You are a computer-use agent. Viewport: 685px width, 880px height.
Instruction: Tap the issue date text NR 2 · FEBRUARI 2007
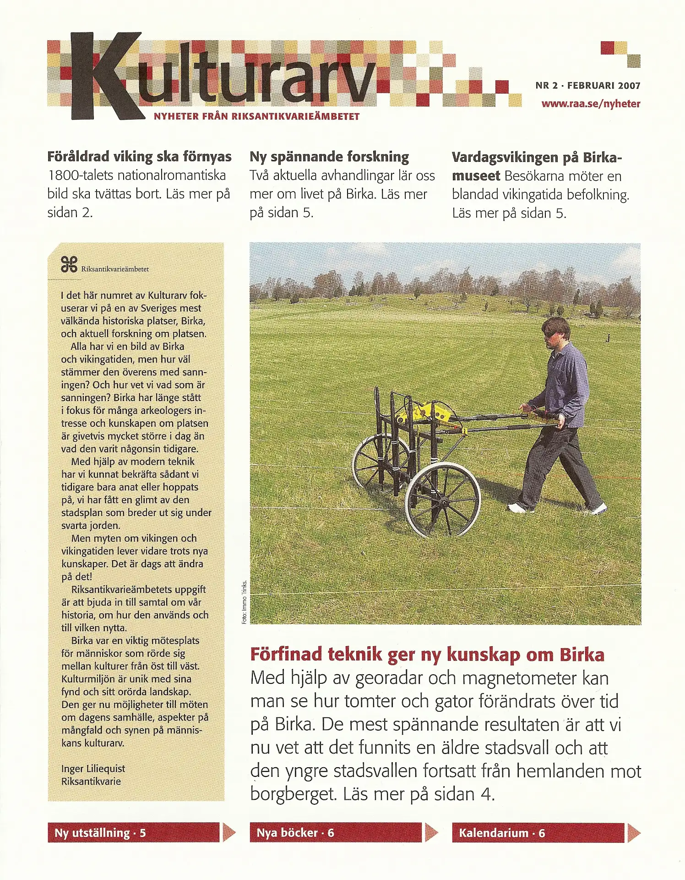pyautogui.click(x=587, y=85)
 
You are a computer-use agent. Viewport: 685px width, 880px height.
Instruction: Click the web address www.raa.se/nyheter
pyautogui.click(x=590, y=104)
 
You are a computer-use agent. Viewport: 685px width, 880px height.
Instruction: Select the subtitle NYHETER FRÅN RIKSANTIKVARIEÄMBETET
pyautogui.click(x=256, y=116)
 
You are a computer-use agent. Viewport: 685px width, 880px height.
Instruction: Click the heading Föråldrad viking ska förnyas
pyautogui.click(x=139, y=157)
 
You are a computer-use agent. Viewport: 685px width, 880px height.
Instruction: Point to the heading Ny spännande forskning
pyautogui.click(x=329, y=157)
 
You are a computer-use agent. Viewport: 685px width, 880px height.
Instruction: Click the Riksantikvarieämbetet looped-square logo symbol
pyautogui.click(x=69, y=264)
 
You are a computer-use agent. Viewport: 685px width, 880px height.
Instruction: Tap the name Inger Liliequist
pyautogui.click(x=93, y=769)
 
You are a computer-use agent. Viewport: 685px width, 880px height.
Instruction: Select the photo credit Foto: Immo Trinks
pyautogui.click(x=245, y=601)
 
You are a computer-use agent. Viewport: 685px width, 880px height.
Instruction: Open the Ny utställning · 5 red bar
pyautogui.click(x=134, y=832)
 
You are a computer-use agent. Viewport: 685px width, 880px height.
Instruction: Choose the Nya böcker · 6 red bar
pyautogui.click(x=336, y=832)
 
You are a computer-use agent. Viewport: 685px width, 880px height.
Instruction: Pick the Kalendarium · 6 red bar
pyautogui.click(x=538, y=832)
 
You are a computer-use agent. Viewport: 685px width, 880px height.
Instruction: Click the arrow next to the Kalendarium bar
pyautogui.click(x=633, y=832)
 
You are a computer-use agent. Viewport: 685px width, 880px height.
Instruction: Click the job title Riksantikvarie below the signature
pyautogui.click(x=91, y=781)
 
